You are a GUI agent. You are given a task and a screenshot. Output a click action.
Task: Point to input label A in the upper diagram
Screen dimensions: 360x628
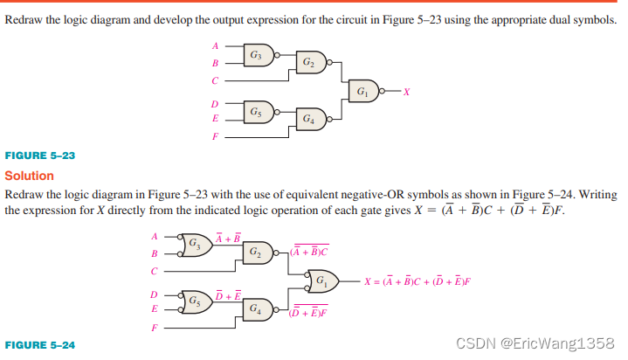click(x=216, y=45)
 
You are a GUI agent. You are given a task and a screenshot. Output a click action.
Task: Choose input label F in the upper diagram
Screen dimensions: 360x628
click(x=216, y=137)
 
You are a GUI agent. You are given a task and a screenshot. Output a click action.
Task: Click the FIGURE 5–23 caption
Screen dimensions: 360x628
click(x=40, y=155)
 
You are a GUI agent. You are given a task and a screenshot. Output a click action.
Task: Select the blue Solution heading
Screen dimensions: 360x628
click(x=30, y=176)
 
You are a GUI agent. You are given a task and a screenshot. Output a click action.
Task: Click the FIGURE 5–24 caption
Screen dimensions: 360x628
click(x=40, y=345)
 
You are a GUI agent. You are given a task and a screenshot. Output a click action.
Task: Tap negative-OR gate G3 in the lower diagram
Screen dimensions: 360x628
click(x=194, y=244)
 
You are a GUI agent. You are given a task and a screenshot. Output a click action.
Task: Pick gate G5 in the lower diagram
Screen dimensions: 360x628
click(x=194, y=301)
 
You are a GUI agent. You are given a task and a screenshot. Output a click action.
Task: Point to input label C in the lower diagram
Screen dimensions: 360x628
click(x=155, y=270)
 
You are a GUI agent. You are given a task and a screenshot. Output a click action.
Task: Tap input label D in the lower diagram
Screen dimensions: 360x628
click(x=155, y=294)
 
